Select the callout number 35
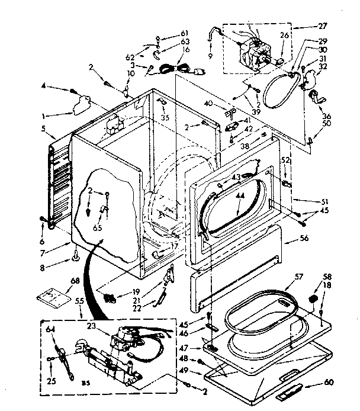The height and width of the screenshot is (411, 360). (165, 117)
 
